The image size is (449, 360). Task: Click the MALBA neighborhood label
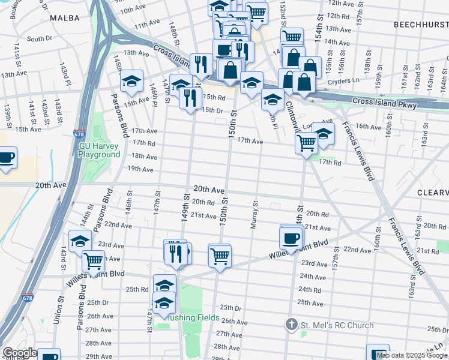click(65, 18)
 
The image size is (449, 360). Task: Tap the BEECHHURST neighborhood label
click(421, 25)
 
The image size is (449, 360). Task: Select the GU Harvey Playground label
click(100, 150)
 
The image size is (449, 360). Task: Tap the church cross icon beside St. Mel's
click(291, 325)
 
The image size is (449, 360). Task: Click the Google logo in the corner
click(20, 353)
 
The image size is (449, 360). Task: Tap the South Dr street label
click(40, 38)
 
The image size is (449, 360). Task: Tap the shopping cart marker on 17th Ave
click(306, 143)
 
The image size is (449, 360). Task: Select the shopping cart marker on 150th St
click(220, 256)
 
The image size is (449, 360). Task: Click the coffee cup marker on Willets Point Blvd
click(291, 238)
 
